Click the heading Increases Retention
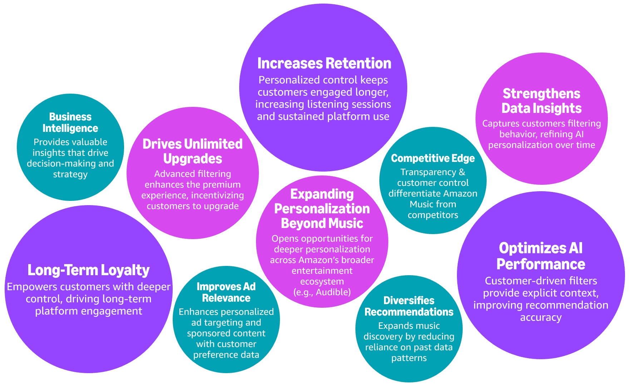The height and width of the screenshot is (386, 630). (x=324, y=63)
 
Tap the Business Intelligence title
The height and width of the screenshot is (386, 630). (x=70, y=123)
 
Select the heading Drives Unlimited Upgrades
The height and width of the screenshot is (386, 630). (x=193, y=151)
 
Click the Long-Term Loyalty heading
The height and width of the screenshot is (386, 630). (x=88, y=270)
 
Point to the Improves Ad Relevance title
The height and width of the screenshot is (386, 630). (x=226, y=292)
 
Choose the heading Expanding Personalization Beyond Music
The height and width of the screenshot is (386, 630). (x=322, y=209)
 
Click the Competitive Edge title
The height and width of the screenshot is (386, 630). (x=433, y=158)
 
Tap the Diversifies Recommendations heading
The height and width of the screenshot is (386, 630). (x=409, y=306)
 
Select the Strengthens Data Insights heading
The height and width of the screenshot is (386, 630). (x=541, y=101)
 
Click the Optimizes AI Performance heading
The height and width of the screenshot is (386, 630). (x=541, y=256)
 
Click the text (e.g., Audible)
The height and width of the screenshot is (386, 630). (x=322, y=292)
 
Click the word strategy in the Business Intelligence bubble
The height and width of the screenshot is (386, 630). (x=70, y=175)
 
